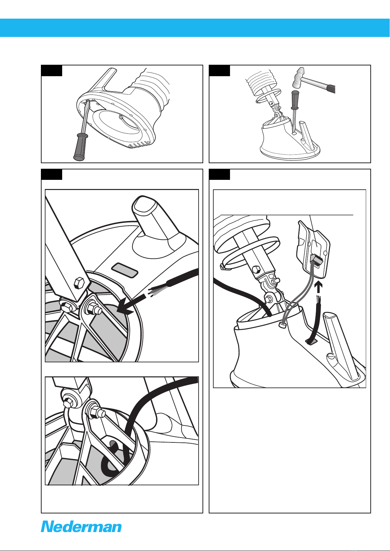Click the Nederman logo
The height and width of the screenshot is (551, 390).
click(x=81, y=527)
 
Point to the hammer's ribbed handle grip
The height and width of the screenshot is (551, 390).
click(x=331, y=88)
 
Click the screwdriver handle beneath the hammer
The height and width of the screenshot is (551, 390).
click(x=295, y=100)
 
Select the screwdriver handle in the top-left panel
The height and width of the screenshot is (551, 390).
click(x=79, y=146)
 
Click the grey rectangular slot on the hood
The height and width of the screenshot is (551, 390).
click(x=124, y=270)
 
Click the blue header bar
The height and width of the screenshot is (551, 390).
click(x=195, y=28)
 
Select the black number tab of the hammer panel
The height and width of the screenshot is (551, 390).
click(x=219, y=71)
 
